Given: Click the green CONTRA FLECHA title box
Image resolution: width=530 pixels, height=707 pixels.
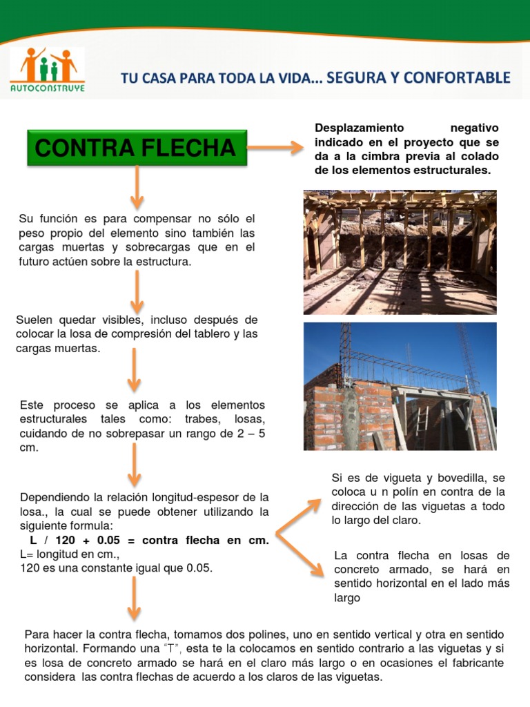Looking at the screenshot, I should (137, 147).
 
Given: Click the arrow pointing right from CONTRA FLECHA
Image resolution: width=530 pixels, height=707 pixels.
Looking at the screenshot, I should (275, 147).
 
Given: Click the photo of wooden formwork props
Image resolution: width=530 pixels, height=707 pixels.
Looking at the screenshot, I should (400, 252).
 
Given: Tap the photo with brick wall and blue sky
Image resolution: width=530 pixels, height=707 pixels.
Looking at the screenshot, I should (400, 386).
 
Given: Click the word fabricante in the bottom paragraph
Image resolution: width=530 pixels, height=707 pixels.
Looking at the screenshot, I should (477, 664).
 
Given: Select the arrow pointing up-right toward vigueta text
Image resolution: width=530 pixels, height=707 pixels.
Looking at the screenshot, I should (300, 514).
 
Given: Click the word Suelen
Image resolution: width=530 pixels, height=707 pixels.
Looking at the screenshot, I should (33, 320).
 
